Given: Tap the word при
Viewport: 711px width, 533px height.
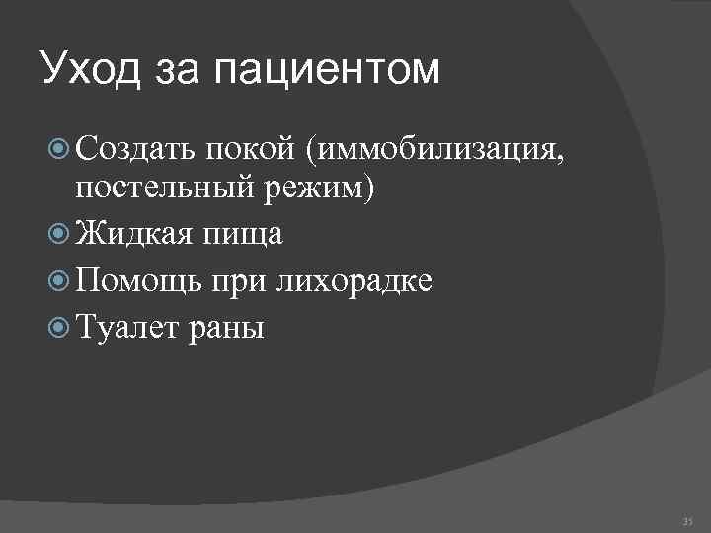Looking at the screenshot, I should (x=238, y=280).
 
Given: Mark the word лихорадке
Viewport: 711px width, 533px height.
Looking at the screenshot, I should (x=354, y=280).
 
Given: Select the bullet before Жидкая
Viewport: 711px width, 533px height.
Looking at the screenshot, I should (x=57, y=234).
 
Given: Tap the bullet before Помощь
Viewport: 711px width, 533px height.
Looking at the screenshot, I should (x=57, y=280).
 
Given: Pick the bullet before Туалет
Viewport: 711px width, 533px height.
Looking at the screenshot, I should (x=57, y=327).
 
